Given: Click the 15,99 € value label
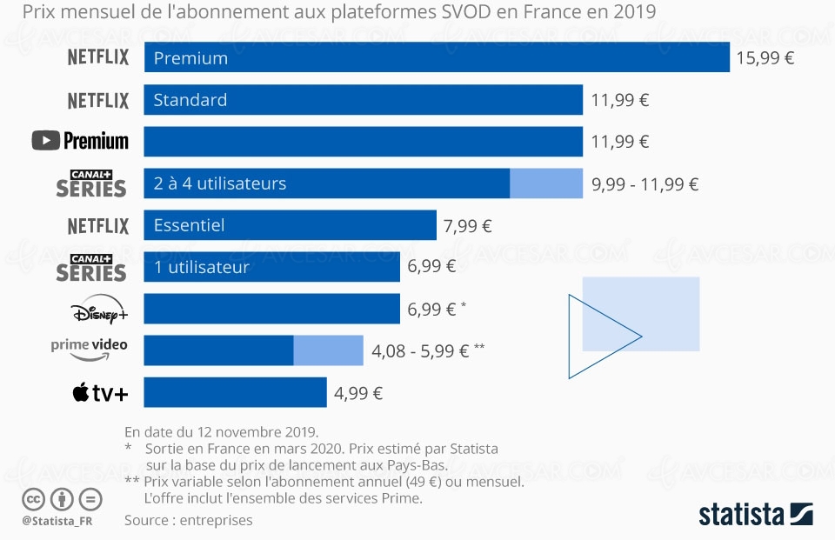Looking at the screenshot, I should pos(765,58).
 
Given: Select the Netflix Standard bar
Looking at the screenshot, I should pos(363,100).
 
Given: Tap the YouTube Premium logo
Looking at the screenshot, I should pos(80,141).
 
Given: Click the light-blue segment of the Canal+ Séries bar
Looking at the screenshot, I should pos(545,183).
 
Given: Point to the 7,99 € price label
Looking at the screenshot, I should pos(467,226).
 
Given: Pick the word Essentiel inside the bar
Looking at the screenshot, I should pos(189,225).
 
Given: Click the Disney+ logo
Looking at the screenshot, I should pos(98,310).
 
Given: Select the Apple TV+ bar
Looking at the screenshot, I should pos(235,392).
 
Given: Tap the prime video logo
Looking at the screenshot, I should pos(89,349).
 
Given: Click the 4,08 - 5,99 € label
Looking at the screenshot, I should pos(421,351).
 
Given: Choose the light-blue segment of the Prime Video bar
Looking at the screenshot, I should pos(328,350).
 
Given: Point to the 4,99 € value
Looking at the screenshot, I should pos(358,393).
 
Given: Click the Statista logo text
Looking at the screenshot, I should pos(742,514).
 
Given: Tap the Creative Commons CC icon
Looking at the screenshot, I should pos(33,499).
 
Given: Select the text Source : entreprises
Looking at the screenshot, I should pos(188,520).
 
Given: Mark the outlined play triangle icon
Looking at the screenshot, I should pos(596,337).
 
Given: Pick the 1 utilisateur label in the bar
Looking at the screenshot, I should pos(201,267).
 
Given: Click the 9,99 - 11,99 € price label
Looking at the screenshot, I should pos(645,184).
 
